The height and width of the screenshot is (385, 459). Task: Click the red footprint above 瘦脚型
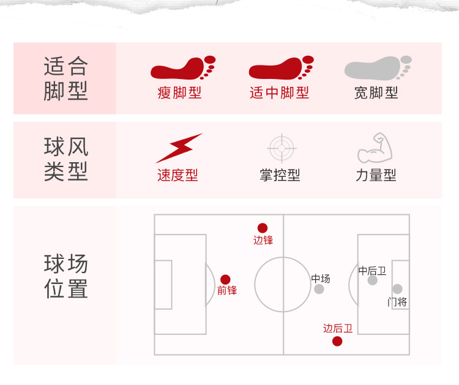coord(182,68)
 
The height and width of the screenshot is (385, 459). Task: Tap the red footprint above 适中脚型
coord(280,68)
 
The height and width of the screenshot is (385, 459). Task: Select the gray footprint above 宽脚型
coord(377,68)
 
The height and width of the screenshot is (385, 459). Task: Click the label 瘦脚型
coord(179,93)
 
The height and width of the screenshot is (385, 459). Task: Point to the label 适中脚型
coord(280,93)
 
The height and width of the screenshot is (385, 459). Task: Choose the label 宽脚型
coord(376,93)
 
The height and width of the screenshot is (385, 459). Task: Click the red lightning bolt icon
coord(179,148)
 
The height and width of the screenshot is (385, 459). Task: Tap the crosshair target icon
coord(282,148)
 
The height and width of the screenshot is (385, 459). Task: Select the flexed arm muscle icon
coord(375,148)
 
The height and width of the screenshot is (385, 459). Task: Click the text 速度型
coord(177,176)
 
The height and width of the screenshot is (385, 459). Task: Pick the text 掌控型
coord(280,176)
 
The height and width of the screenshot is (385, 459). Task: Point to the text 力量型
coord(376,176)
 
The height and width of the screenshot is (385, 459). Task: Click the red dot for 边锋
coord(263,228)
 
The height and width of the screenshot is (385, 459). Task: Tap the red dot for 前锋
coord(225,279)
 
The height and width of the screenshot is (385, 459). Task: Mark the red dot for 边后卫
coord(337,341)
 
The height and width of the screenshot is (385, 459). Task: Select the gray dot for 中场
coord(319,289)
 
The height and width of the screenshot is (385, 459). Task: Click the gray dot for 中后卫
coord(372,280)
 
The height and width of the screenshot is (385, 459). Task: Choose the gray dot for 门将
coord(397,289)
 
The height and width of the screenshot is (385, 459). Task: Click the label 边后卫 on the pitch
coord(338,329)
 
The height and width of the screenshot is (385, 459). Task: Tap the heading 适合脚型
coord(65,78)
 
